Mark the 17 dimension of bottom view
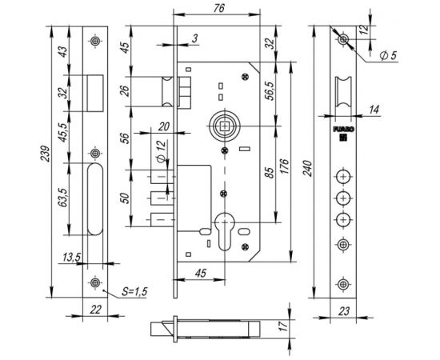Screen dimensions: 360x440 coord(282,326)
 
